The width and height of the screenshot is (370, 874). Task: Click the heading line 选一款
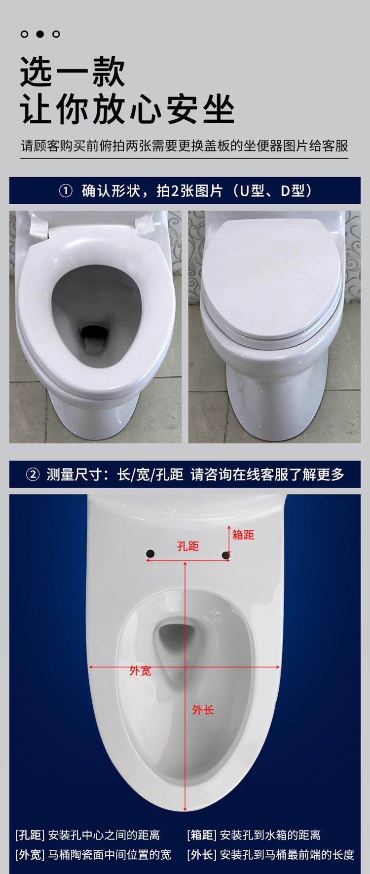[x=73, y=73]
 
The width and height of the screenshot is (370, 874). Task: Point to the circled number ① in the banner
[x=66, y=191]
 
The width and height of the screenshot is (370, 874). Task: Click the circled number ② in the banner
[x=33, y=475]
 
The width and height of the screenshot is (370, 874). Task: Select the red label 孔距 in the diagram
[x=188, y=546]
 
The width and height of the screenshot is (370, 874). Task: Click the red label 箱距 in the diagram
[x=243, y=534]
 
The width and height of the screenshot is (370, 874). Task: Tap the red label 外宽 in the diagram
[x=140, y=670]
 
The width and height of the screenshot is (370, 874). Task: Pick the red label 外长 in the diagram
[x=203, y=710]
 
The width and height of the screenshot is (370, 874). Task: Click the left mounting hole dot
[x=150, y=554]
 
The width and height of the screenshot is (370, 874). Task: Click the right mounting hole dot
[x=225, y=555]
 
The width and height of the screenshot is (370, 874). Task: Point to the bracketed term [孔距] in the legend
[x=30, y=835]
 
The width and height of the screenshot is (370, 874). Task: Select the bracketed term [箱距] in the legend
[x=202, y=835]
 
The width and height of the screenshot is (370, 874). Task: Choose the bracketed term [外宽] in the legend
[x=30, y=854]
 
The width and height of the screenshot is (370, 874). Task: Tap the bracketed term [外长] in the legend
[x=202, y=854]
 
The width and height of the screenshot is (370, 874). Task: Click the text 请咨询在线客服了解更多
[x=267, y=475]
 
